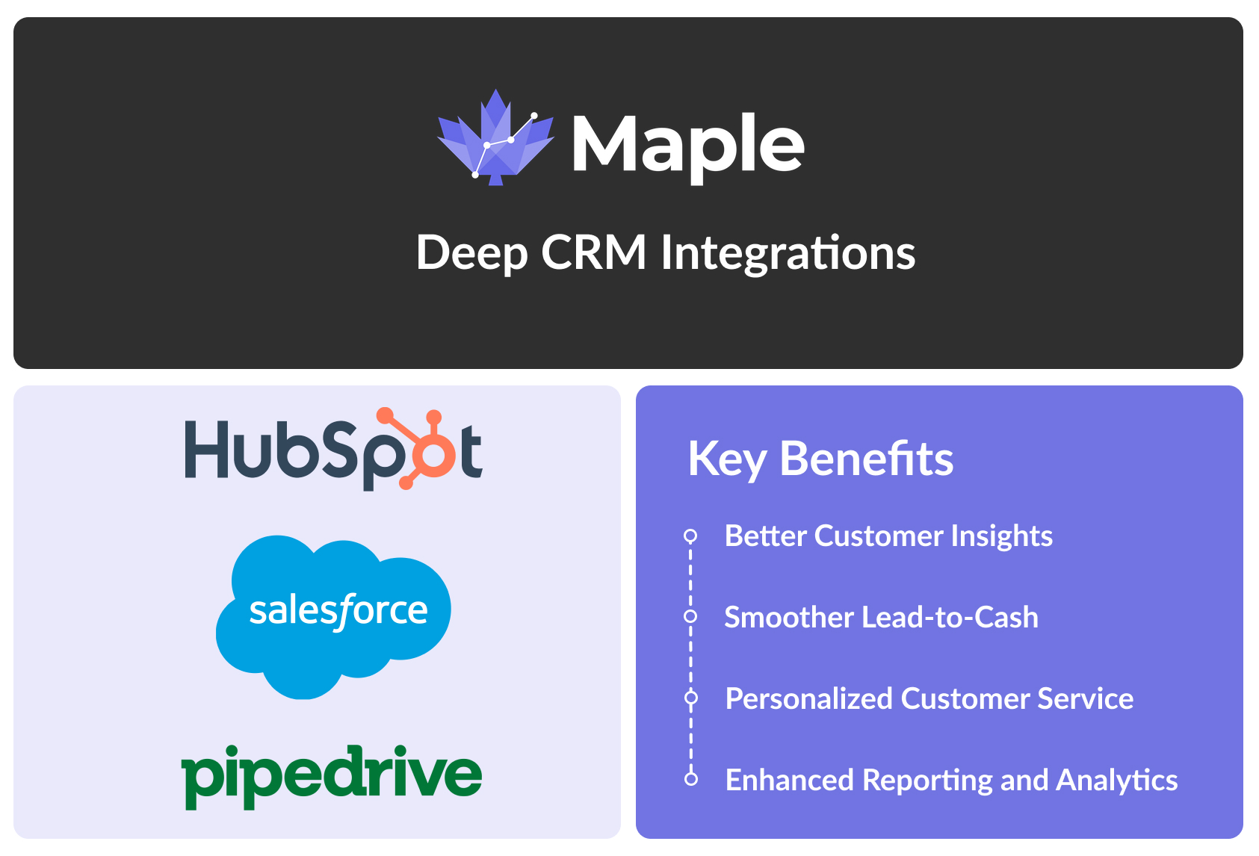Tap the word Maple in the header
pos(687,146)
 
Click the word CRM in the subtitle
pos(593,252)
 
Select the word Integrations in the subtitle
pos(788,252)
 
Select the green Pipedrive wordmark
pos(332,775)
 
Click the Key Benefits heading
pos(820,458)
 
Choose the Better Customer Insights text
pos(888,536)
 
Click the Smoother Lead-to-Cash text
pos(881,618)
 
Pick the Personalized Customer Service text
pos(929,699)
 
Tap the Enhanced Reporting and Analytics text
pos(951,781)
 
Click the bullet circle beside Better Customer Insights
pos(690,536)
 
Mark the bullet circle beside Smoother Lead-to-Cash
pos(690,616)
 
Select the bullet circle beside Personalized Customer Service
pos(691,698)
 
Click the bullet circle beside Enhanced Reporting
pos(691,779)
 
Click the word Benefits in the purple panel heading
pos(867,458)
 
